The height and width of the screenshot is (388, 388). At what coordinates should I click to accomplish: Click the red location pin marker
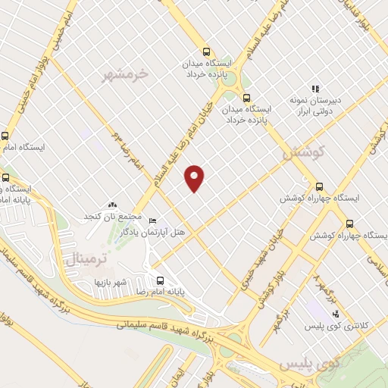196,178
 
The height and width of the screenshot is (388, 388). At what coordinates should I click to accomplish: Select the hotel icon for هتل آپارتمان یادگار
153,220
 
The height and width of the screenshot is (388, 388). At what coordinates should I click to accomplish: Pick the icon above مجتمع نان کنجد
113,205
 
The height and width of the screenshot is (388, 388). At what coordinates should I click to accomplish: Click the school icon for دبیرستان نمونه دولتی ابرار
314,89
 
